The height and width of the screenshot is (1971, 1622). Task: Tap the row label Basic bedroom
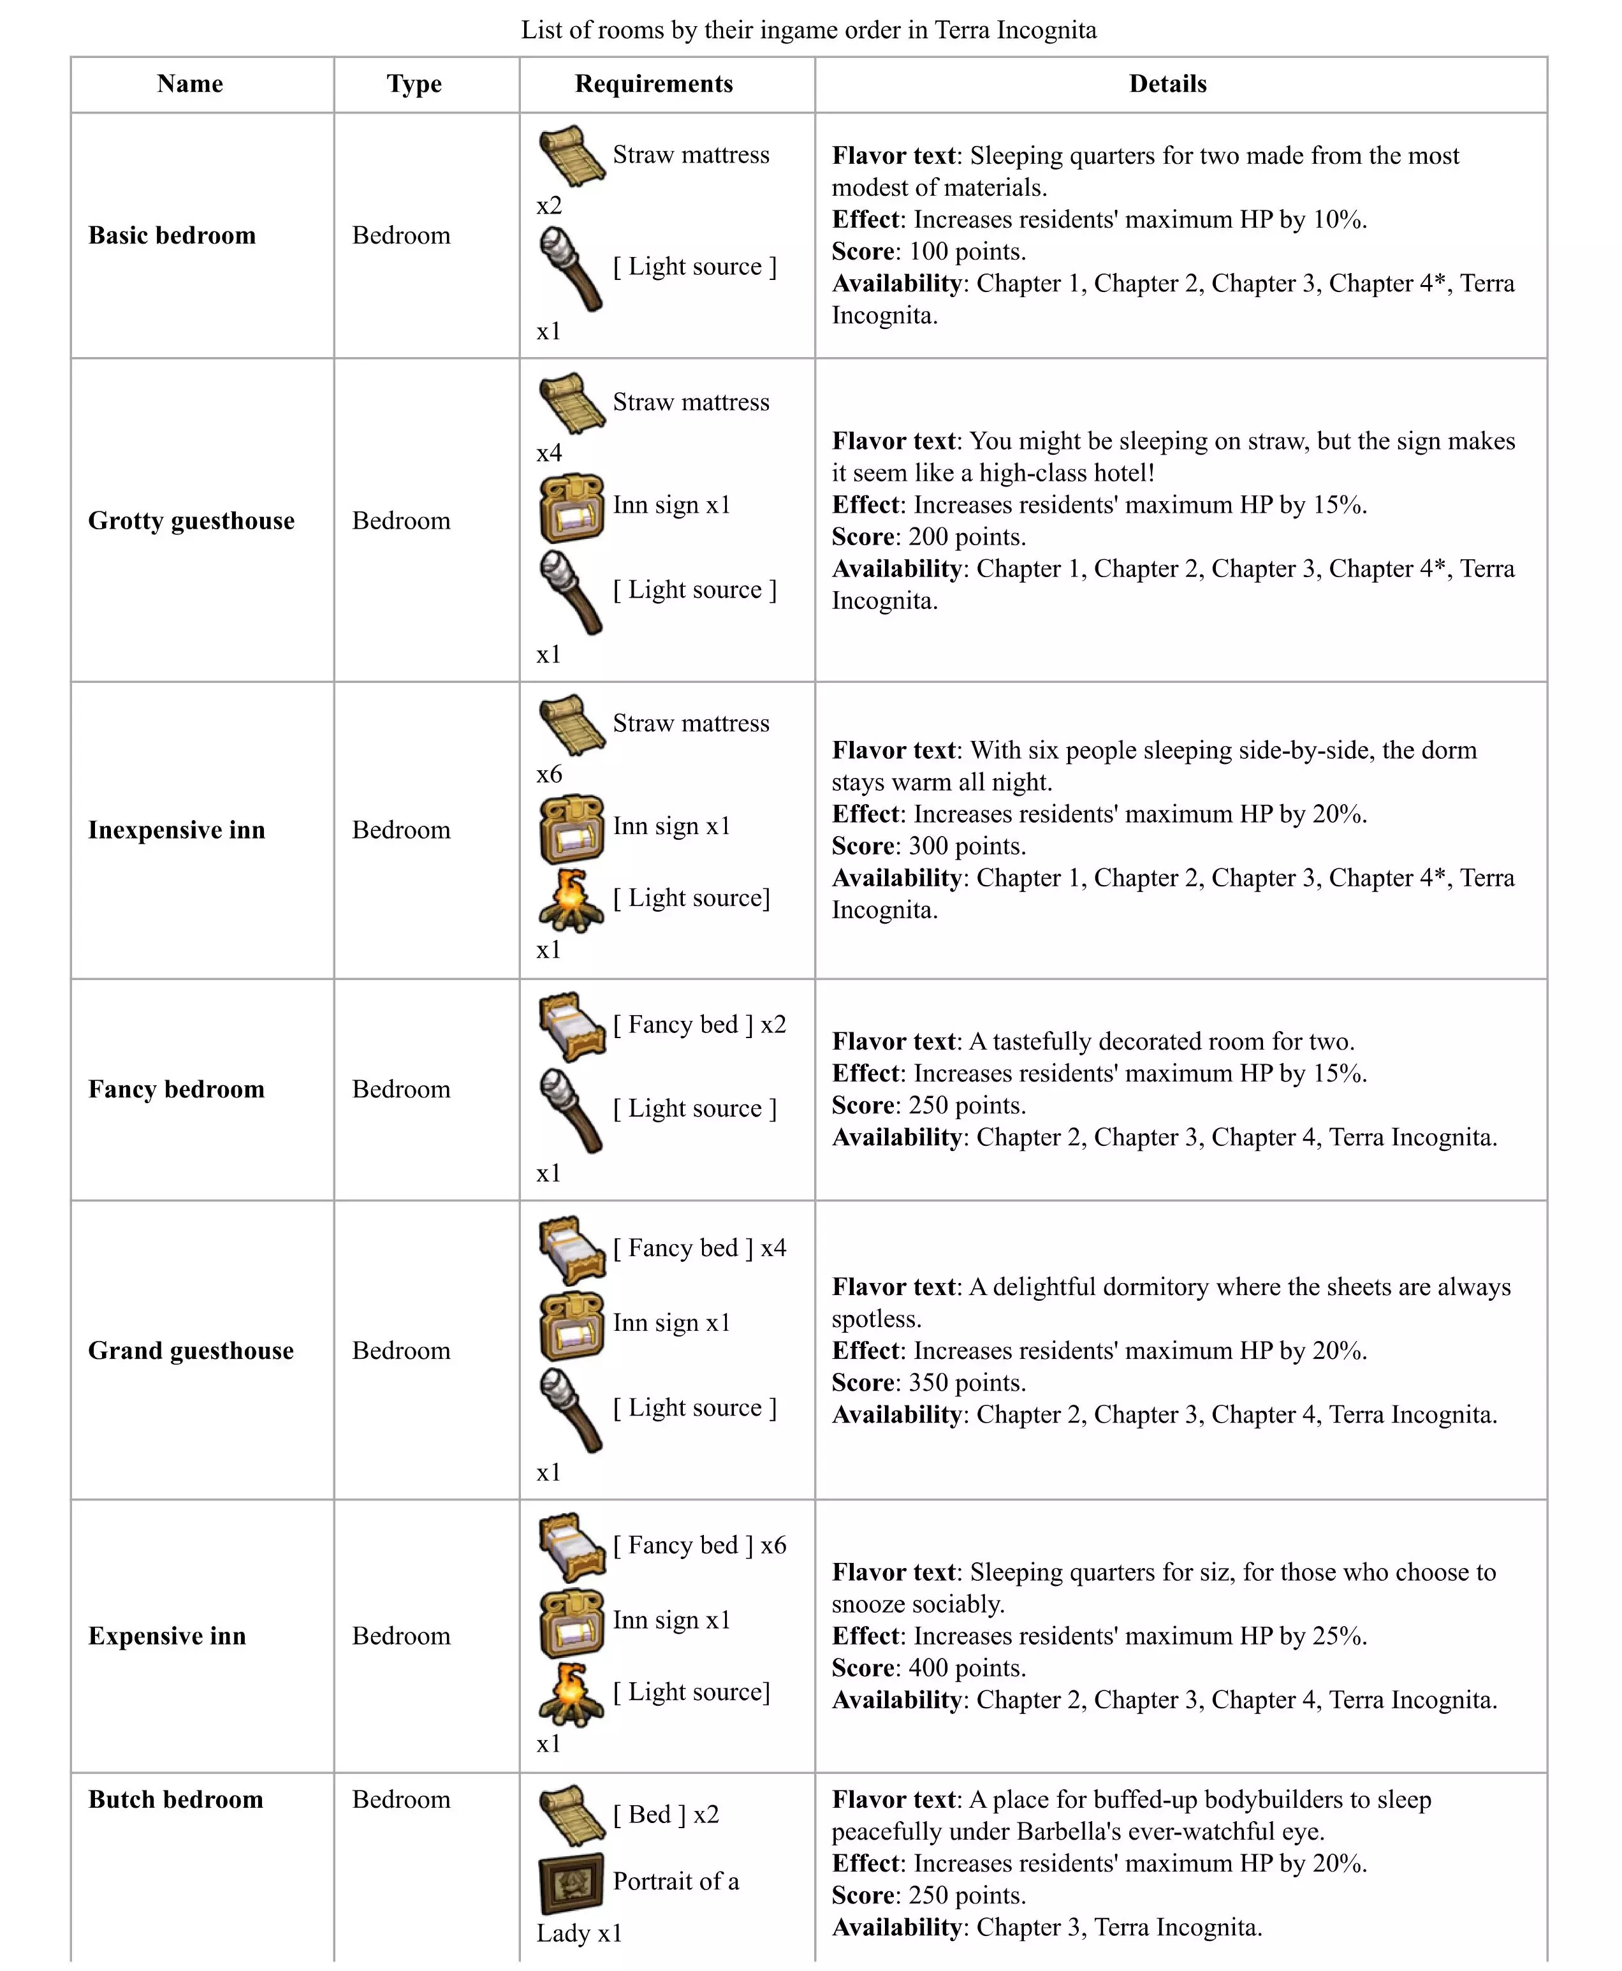(x=172, y=235)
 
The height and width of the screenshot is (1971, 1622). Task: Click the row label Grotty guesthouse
(x=191, y=520)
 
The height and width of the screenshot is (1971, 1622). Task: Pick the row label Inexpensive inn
(x=177, y=830)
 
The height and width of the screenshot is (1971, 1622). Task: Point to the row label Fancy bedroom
(x=177, y=1088)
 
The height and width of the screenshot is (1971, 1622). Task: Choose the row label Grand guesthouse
(x=191, y=1351)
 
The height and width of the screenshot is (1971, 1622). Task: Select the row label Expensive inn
(x=167, y=1636)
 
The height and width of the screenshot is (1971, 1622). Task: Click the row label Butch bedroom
(x=176, y=1799)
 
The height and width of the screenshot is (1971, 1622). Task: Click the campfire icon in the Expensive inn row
(x=570, y=1694)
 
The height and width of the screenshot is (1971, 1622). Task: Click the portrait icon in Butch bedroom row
(x=572, y=1883)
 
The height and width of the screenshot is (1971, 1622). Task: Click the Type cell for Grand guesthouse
(x=401, y=1351)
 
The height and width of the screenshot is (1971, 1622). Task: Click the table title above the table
(x=808, y=30)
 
